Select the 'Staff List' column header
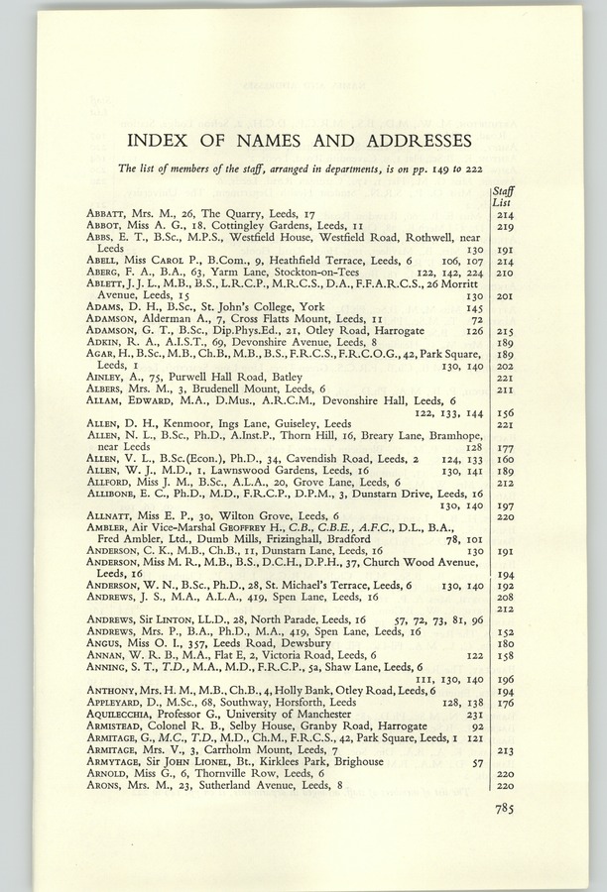(x=503, y=196)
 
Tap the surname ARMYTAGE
(x=115, y=761)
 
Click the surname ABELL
(x=103, y=262)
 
